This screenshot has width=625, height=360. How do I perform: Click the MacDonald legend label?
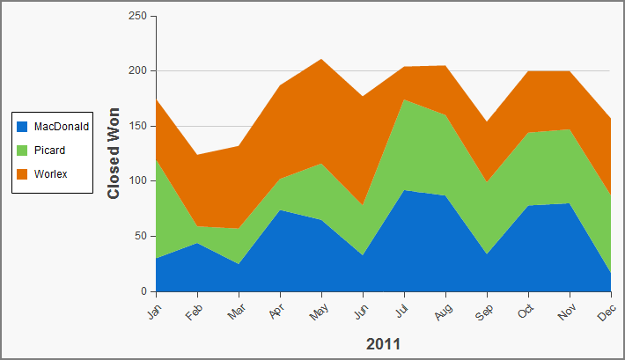(x=62, y=127)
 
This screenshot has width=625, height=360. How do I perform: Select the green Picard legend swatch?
(x=22, y=151)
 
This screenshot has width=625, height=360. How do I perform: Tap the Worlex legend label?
(x=51, y=174)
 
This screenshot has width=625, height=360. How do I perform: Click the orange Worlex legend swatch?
(x=22, y=174)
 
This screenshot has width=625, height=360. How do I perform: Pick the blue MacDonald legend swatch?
(x=22, y=127)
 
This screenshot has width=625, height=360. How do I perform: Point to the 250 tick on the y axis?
(x=137, y=16)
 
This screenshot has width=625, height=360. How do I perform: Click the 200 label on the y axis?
(x=137, y=70)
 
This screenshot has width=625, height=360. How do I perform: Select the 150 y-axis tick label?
(x=137, y=126)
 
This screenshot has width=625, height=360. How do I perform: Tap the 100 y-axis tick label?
(x=137, y=180)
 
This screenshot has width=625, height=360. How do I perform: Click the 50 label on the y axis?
(x=141, y=236)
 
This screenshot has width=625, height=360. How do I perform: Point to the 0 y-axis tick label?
(x=143, y=291)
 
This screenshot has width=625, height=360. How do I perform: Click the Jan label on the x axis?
(x=154, y=312)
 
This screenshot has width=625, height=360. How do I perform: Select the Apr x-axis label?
(x=276, y=311)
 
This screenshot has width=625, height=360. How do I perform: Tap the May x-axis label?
(x=319, y=312)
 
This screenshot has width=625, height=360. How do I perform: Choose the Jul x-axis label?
(x=402, y=311)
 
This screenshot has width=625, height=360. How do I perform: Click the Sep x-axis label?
(x=484, y=312)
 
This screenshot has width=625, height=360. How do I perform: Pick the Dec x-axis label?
(x=607, y=312)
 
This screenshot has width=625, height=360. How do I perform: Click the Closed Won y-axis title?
(x=114, y=153)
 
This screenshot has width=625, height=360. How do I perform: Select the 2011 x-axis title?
(x=383, y=344)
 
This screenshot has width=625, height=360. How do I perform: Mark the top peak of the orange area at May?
(x=321, y=59)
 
